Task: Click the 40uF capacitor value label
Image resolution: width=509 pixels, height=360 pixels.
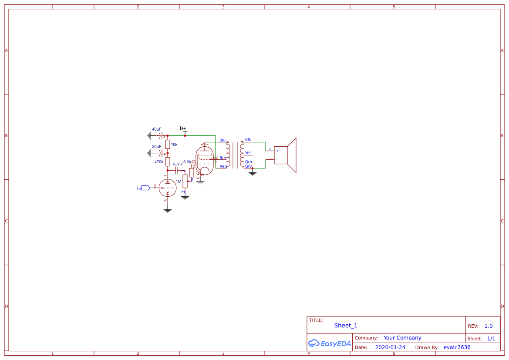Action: (156, 129)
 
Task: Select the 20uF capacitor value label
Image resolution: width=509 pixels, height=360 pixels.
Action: (156, 147)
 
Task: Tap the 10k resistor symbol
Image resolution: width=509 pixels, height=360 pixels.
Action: (168, 144)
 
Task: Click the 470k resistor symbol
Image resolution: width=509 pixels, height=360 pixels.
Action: (168, 161)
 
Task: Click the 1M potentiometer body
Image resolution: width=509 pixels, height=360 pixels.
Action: (185, 181)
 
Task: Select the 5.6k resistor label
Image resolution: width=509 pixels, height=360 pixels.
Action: (187, 162)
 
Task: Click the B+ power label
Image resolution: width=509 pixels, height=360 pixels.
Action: (183, 129)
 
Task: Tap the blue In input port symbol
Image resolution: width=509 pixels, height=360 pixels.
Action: (145, 188)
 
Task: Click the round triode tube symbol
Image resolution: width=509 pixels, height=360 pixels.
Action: (168, 188)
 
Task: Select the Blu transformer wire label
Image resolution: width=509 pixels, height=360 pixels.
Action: (222, 140)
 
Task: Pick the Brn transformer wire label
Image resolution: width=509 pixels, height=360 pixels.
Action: (222, 158)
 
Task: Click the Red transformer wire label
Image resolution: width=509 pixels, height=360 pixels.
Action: (223, 166)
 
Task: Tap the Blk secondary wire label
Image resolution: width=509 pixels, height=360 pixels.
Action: (248, 140)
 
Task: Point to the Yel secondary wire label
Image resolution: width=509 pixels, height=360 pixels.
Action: (248, 153)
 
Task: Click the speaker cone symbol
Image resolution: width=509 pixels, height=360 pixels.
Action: (291, 155)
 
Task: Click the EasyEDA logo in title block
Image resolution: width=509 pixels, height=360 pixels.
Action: (329, 343)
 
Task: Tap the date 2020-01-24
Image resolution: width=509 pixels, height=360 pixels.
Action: (390, 347)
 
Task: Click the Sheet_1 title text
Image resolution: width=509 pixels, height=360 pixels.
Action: (346, 326)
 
